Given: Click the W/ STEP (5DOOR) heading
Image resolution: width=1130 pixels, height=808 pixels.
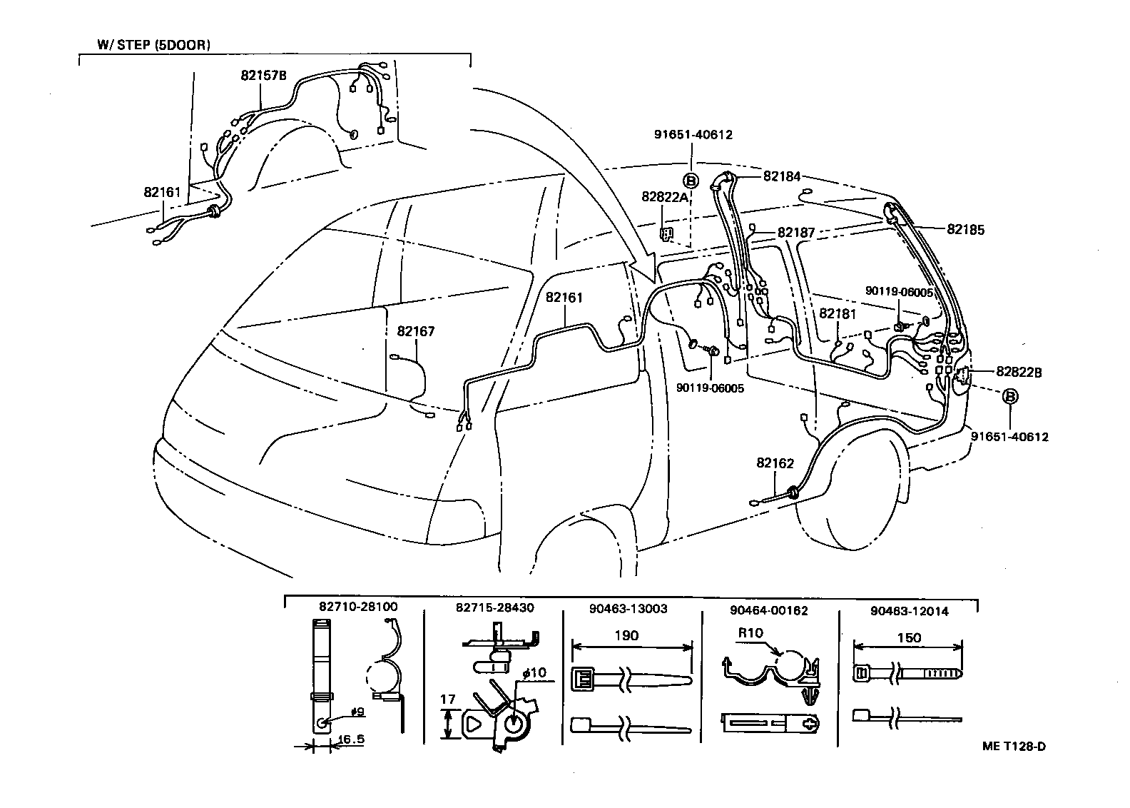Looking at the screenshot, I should point(153,45).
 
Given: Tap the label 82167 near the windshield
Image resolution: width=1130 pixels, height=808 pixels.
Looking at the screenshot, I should point(415,332).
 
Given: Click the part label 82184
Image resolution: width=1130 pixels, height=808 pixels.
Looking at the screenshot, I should point(781,176).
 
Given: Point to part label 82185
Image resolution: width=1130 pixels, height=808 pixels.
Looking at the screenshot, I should point(965,230).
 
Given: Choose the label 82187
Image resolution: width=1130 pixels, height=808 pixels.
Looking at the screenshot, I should point(795,233).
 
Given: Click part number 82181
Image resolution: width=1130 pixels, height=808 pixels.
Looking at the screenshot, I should point(838,313).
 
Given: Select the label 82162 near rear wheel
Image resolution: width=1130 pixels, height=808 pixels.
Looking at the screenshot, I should point(775,463).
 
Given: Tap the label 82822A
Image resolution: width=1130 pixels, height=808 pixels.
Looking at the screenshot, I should point(664,197).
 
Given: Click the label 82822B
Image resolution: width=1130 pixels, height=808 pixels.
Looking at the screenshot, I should point(1019,372).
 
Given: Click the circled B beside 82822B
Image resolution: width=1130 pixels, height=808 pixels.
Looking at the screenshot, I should point(1011,396).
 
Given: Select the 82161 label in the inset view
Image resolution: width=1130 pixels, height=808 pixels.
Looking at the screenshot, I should point(162,193).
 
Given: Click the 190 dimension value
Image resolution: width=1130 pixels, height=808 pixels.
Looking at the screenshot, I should point(626,635).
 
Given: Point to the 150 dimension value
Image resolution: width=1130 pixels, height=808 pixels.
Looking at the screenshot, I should point(908,637).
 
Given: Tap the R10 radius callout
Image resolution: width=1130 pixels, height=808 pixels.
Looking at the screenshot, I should point(750,632).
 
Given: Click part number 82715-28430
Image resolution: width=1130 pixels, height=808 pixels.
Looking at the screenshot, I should point(494,608).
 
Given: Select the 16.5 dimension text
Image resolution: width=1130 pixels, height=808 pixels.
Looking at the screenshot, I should point(350,739).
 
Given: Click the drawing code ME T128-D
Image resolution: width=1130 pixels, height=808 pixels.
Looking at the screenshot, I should point(1013,747).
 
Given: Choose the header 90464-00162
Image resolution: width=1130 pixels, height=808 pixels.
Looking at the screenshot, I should point(769,610).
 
